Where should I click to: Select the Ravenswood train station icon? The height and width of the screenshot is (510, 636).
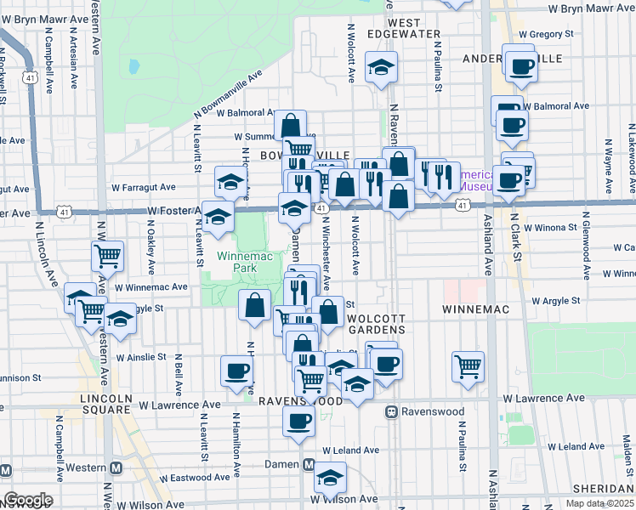[x=392, y=411]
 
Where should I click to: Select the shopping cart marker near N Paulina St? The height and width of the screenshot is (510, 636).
[x=468, y=366]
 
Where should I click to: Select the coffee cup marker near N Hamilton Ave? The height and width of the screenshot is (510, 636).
[x=236, y=370]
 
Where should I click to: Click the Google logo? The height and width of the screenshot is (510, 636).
[x=28, y=500]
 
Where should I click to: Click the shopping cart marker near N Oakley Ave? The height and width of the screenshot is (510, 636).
[x=108, y=255]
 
